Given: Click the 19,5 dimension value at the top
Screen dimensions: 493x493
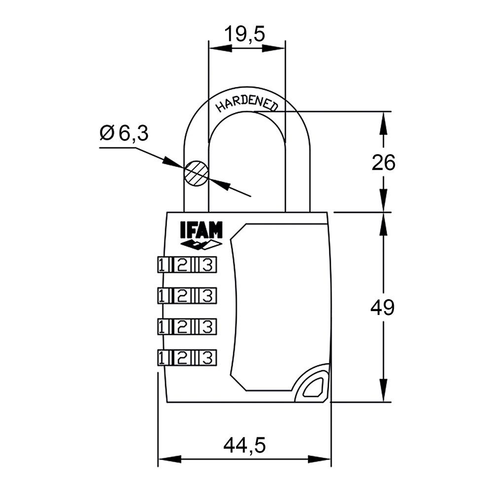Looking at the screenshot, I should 245,35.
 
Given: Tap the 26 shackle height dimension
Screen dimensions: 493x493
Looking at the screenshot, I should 383,163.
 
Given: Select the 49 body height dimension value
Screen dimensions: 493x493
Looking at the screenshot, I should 383,308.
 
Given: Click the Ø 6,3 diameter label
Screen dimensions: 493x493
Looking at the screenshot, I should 124,133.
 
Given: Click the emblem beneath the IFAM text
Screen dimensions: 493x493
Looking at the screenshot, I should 201,245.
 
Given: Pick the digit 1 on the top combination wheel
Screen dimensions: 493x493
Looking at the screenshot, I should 162,265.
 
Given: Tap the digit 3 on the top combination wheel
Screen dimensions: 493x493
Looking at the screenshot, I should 208,265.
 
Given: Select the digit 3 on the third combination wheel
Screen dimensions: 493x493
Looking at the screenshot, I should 208,326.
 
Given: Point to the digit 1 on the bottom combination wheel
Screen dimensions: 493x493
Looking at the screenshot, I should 162,357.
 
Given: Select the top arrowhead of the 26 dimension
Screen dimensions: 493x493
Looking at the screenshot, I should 383,121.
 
